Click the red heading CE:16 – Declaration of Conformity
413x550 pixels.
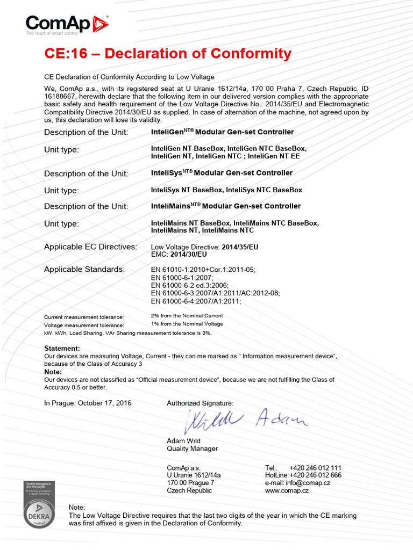click(x=167, y=54)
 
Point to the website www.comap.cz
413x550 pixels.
click(x=287, y=490)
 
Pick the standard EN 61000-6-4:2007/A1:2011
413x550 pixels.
click(x=196, y=301)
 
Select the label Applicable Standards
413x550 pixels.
click(x=84, y=269)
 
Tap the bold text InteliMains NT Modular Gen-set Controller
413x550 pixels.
click(x=226, y=206)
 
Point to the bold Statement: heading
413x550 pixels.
click(x=62, y=349)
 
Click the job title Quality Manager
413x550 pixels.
click(x=192, y=448)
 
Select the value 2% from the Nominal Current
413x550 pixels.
click(x=187, y=316)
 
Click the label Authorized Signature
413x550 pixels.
click(x=200, y=403)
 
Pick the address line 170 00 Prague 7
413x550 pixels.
click(x=190, y=483)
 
